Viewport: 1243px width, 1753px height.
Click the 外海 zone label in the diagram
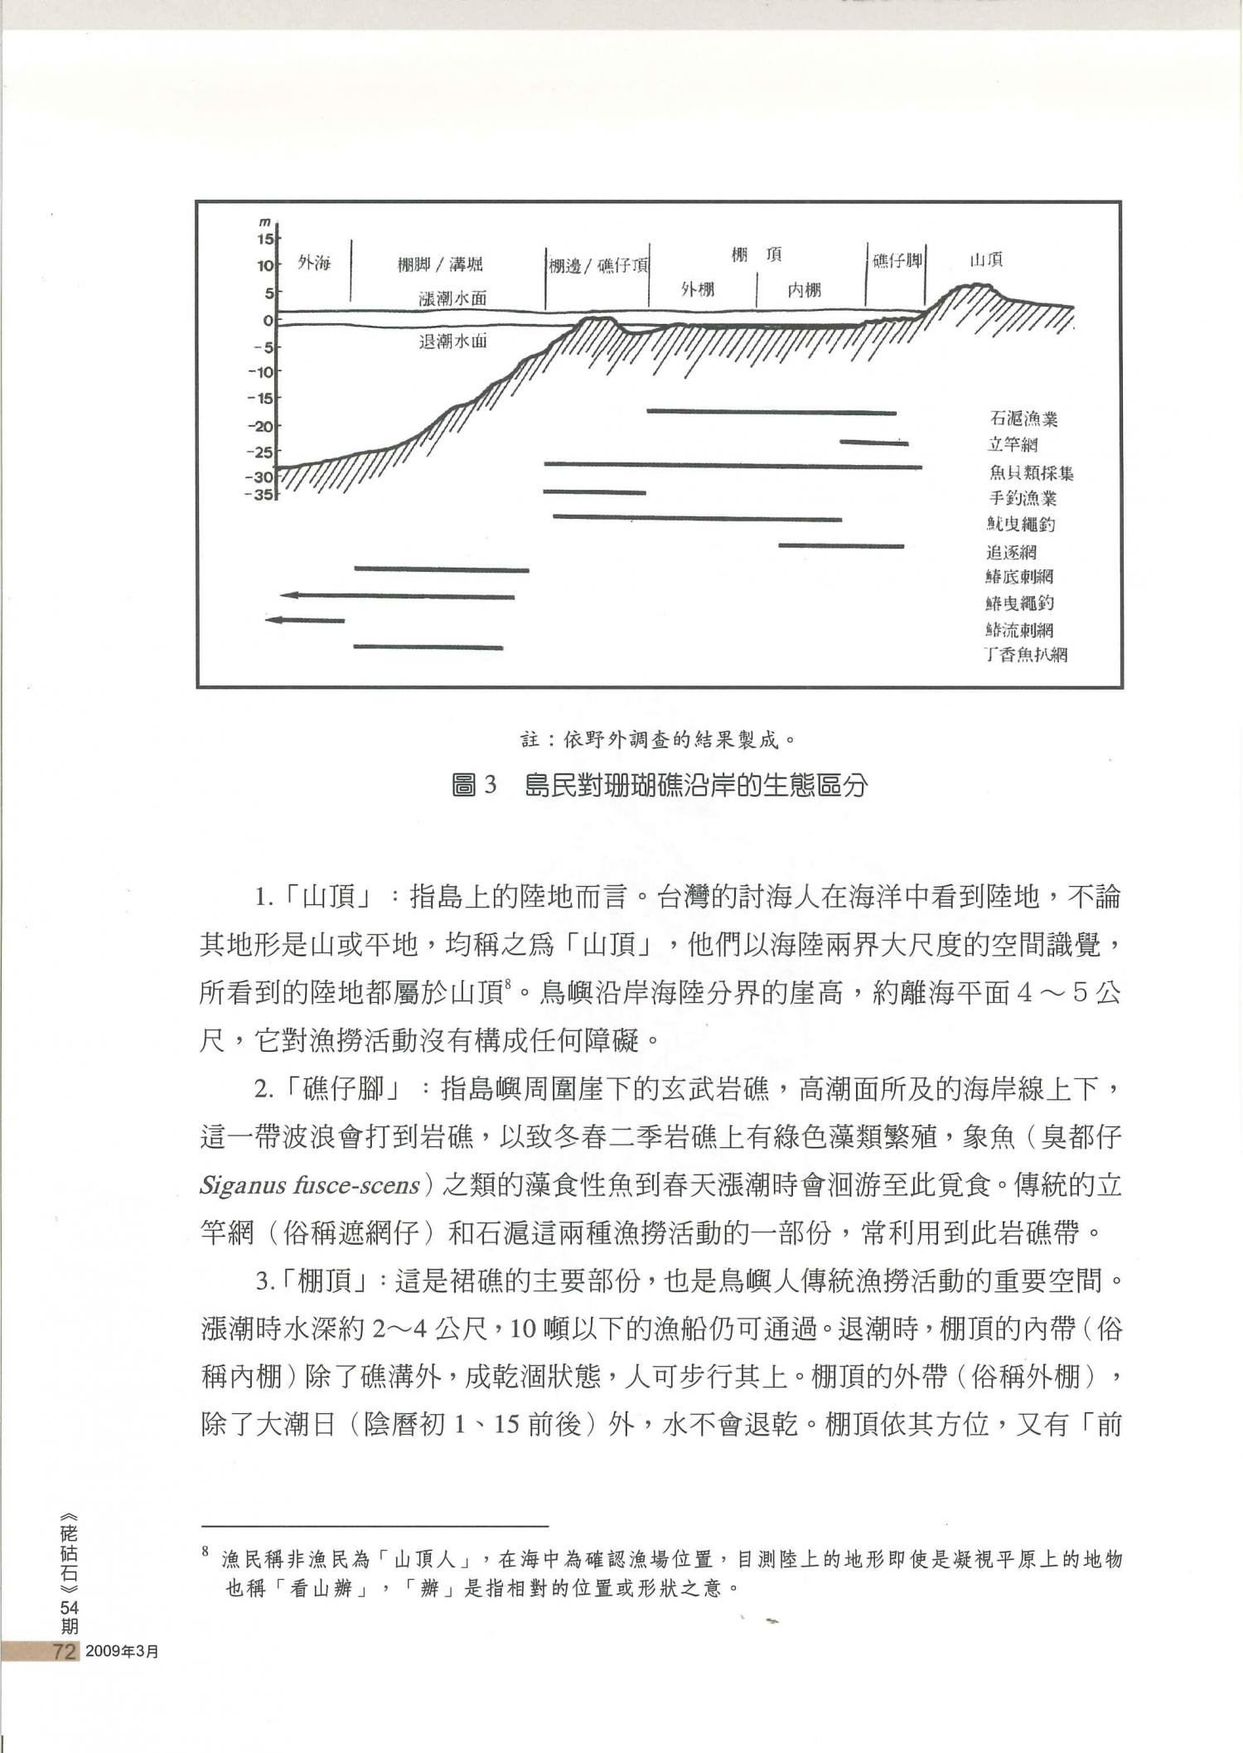click(x=314, y=264)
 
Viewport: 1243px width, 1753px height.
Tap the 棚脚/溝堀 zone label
click(x=439, y=264)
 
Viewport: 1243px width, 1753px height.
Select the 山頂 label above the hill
click(x=986, y=260)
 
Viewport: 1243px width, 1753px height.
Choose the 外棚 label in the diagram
click(x=698, y=289)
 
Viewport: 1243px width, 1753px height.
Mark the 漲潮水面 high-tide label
click(x=452, y=298)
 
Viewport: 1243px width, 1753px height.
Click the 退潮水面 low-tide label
click(x=452, y=341)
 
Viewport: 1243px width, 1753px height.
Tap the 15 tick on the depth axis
click(x=264, y=240)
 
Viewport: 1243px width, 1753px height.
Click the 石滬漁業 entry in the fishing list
click(x=1023, y=419)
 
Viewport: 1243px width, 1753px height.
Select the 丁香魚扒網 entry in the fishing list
click(x=1025, y=655)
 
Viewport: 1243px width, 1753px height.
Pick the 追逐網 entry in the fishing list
click(x=1011, y=552)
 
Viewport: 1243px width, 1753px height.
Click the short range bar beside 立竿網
click(x=873, y=443)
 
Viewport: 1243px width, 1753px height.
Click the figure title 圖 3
click(x=474, y=784)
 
